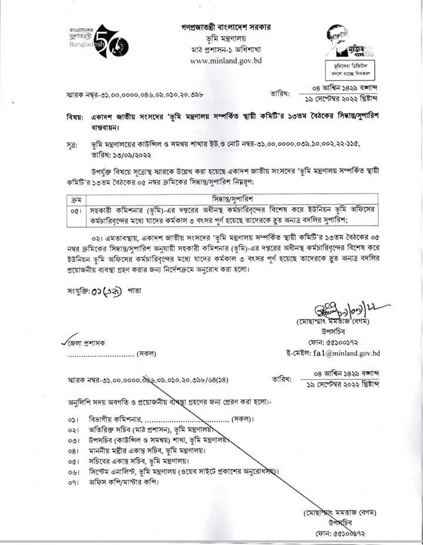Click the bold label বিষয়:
tap(75, 117)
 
